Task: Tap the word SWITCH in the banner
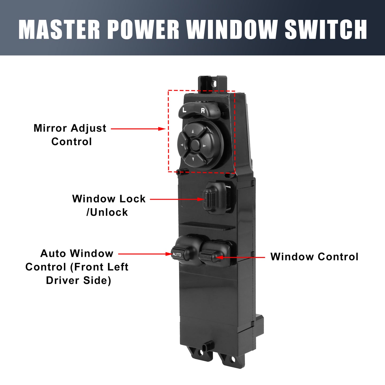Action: click(326, 29)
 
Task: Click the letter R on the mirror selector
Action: click(203, 110)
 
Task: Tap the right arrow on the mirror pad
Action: click(204, 146)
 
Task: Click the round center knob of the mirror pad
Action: click(195, 144)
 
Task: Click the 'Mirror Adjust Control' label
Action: click(70, 135)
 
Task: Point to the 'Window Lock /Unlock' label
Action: click(109, 205)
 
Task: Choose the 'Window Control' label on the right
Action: click(314, 257)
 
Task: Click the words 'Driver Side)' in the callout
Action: click(79, 280)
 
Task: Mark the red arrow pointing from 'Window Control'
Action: click(240, 257)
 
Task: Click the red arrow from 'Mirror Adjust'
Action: click(138, 129)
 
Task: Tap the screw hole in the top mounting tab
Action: click(214, 84)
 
